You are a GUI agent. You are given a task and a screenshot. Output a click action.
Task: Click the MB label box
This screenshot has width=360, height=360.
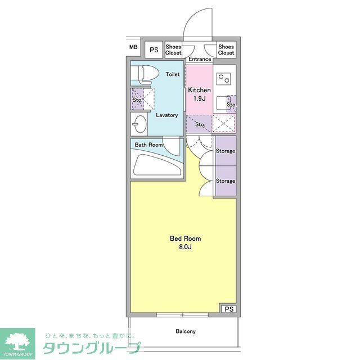(133, 47)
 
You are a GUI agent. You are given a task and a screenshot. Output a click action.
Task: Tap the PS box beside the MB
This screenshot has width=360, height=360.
(154, 49)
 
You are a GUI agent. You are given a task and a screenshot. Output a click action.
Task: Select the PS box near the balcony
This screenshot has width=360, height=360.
(228, 309)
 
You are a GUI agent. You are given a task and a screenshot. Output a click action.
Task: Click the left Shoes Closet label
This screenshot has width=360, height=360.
(173, 49)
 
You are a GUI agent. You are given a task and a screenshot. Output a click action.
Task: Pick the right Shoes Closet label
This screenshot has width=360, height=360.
(226, 49)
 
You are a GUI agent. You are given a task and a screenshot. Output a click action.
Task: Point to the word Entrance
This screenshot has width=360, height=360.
(200, 59)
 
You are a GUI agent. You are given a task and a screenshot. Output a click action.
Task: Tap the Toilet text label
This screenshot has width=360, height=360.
(173, 74)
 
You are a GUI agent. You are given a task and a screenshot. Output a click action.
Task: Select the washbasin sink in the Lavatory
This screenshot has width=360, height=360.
(139, 123)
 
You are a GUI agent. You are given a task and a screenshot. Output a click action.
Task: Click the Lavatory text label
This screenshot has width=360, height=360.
(167, 115)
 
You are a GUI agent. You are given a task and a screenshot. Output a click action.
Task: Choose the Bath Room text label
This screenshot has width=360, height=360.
(148, 145)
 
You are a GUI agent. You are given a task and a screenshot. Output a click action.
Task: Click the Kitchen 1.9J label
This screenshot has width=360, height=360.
(199, 94)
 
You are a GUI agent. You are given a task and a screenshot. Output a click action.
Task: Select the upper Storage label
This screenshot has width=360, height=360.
(226, 151)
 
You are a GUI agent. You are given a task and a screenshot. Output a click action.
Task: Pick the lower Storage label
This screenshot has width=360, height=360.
(226, 181)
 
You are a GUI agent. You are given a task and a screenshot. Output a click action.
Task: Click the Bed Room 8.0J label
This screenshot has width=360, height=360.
(185, 242)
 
